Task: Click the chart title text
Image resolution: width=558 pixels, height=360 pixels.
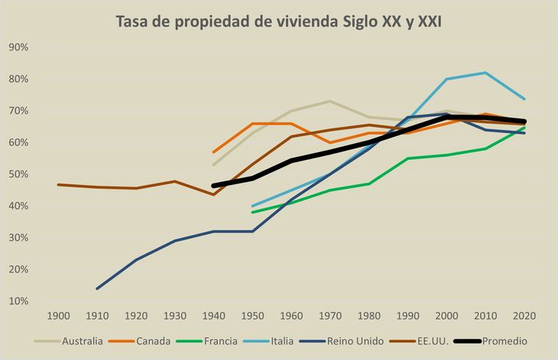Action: coord(278,21)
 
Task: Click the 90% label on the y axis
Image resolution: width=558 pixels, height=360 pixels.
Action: coord(18,47)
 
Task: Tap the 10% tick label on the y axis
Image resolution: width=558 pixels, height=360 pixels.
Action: coord(18,301)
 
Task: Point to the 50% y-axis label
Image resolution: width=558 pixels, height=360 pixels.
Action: coord(18,174)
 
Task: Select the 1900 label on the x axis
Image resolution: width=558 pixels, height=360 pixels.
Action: coord(58,315)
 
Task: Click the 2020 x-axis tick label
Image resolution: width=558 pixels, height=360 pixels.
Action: coord(524,315)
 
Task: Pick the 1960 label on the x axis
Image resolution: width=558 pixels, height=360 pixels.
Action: coord(291,315)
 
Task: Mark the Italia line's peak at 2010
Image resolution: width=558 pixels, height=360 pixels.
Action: coord(485,73)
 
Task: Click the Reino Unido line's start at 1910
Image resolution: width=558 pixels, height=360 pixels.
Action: coord(97,288)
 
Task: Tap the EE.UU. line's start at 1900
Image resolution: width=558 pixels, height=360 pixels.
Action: coord(58,184)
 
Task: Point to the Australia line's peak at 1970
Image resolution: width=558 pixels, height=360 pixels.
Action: coord(329,101)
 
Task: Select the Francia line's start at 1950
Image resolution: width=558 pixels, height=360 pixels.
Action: coord(252,212)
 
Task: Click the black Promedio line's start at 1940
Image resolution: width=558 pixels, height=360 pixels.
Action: coord(213,186)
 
